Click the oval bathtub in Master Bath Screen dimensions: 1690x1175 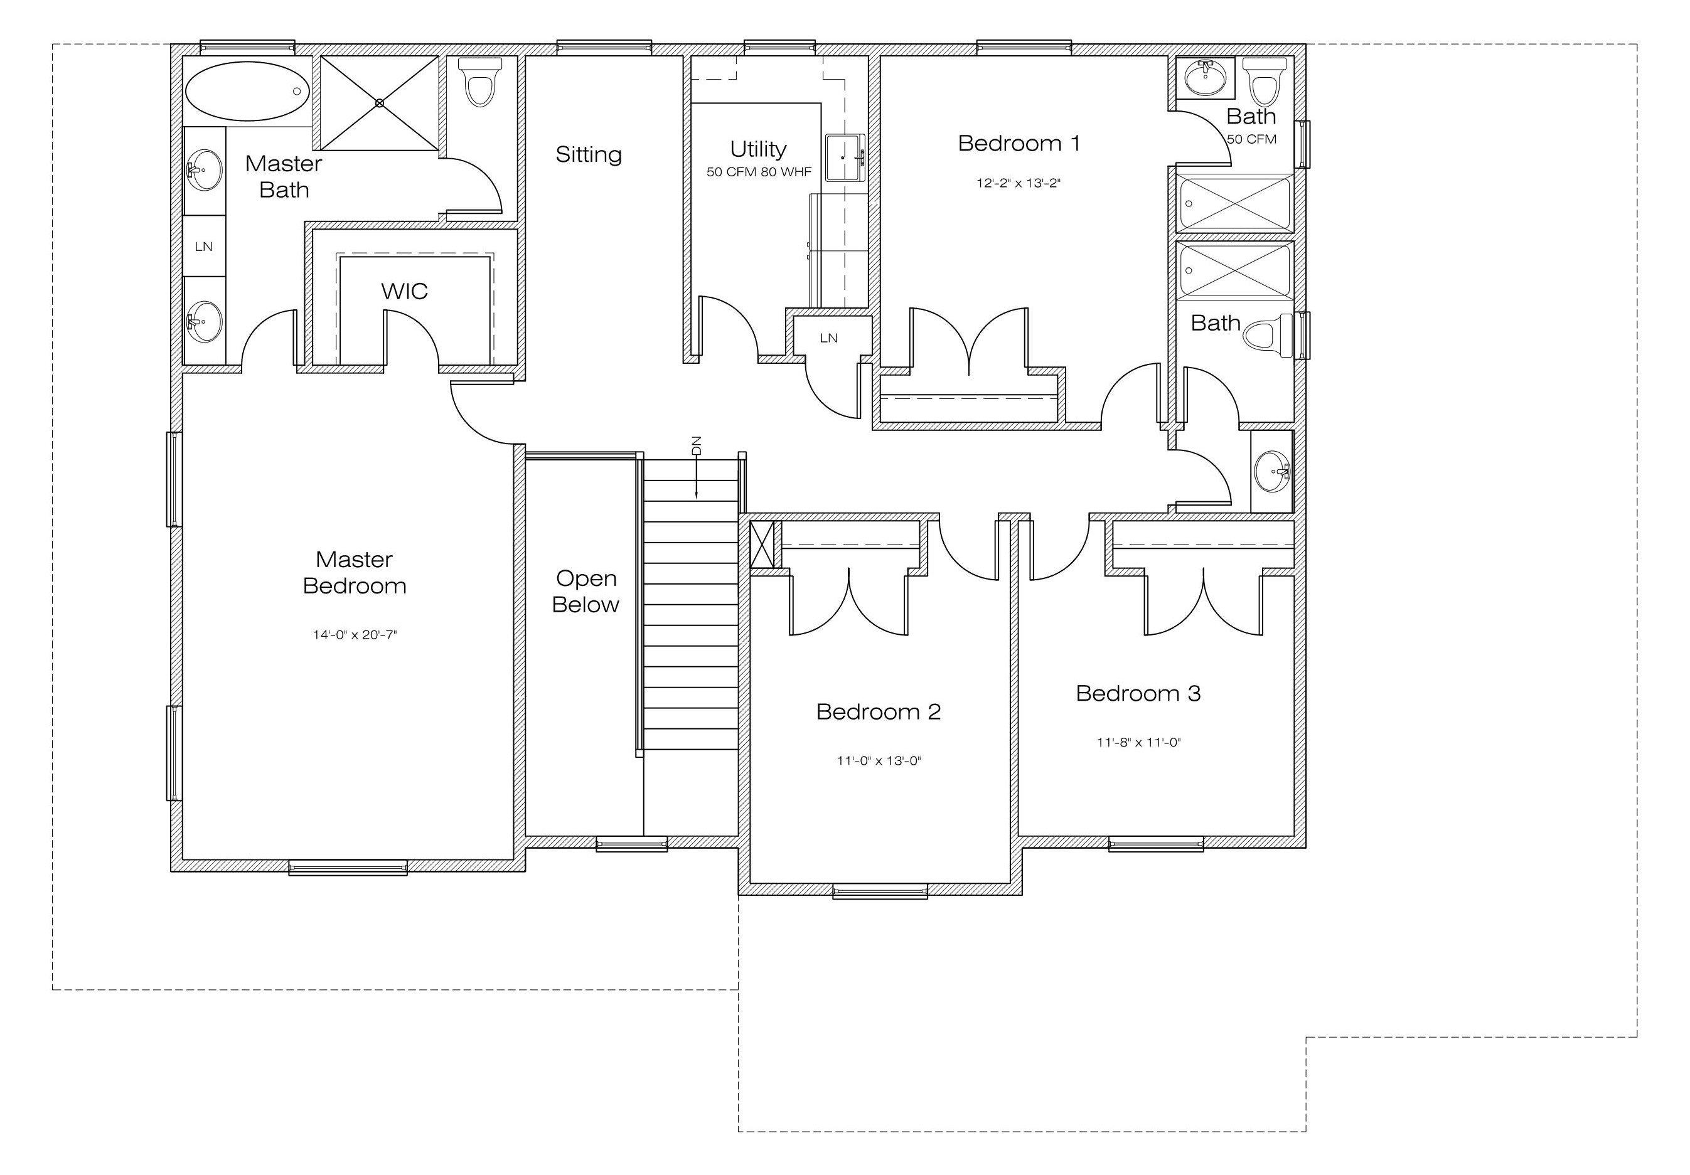coord(247,91)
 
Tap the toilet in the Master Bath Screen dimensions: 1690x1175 coord(480,82)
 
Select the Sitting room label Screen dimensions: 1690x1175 coord(589,154)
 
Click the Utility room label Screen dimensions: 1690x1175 coord(758,149)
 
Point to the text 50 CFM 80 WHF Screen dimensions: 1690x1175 coord(759,172)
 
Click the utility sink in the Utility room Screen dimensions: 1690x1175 coord(845,157)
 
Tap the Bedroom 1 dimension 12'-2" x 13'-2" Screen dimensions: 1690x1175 coord(1018,183)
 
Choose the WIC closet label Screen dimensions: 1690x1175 coord(404,291)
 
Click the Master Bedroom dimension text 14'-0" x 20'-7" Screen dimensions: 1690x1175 coord(354,634)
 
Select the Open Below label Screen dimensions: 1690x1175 coord(586,591)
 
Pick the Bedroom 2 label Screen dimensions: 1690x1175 coord(878,711)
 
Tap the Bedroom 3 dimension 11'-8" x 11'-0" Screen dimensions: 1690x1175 coord(1138,742)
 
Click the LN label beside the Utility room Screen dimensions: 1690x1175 coord(829,338)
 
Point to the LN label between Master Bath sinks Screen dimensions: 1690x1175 coord(204,247)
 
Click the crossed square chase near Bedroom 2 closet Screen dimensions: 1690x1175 coord(762,545)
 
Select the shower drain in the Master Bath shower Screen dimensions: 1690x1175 coord(380,103)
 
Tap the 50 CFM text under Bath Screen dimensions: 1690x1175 coord(1251,139)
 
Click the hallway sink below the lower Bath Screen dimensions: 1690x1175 coord(1272,471)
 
